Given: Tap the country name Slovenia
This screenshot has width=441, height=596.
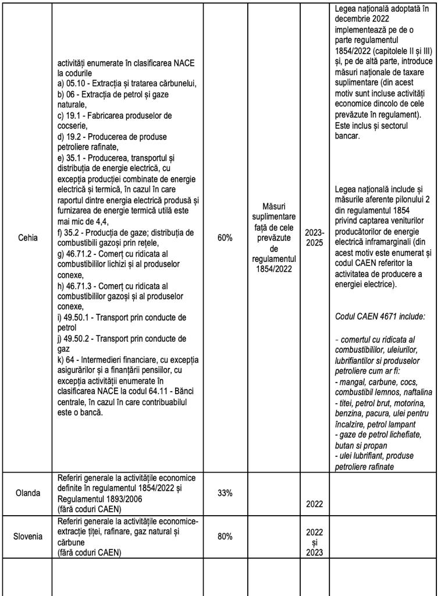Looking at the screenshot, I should [x=27, y=536].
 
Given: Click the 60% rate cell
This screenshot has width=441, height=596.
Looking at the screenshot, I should [x=225, y=237].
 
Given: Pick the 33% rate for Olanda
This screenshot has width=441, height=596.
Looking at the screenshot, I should [x=225, y=493].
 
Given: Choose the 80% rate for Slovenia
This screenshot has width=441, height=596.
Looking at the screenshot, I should [x=225, y=537].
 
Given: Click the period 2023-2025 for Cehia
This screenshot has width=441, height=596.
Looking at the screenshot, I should [x=315, y=237].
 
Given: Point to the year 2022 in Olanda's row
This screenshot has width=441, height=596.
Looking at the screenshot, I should [x=315, y=504].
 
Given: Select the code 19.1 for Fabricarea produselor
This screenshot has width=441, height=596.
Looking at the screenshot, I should [x=73, y=115].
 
